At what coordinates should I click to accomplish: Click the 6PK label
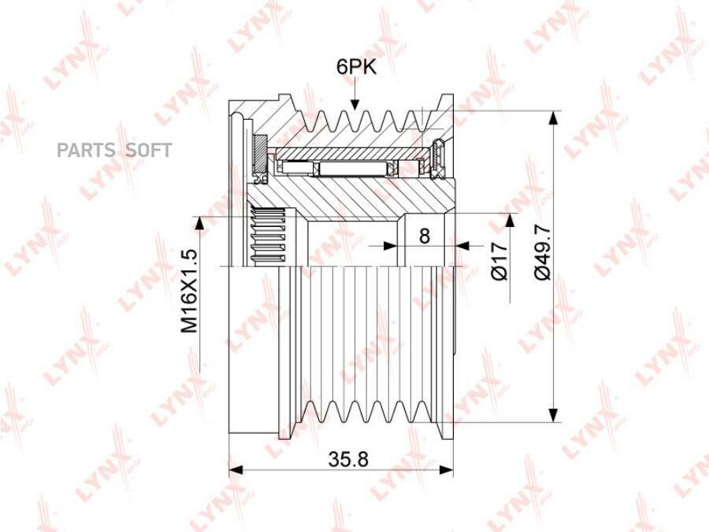click(x=356, y=67)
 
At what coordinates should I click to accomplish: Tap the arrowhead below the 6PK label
click(x=355, y=103)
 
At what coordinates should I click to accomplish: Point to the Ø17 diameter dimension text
click(x=499, y=261)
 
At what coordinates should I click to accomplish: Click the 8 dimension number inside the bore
click(x=424, y=236)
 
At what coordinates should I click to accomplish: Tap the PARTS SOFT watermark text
click(x=114, y=151)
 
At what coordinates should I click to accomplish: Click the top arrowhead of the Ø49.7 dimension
click(x=552, y=117)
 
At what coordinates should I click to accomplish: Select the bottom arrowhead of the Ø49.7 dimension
click(x=552, y=415)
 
